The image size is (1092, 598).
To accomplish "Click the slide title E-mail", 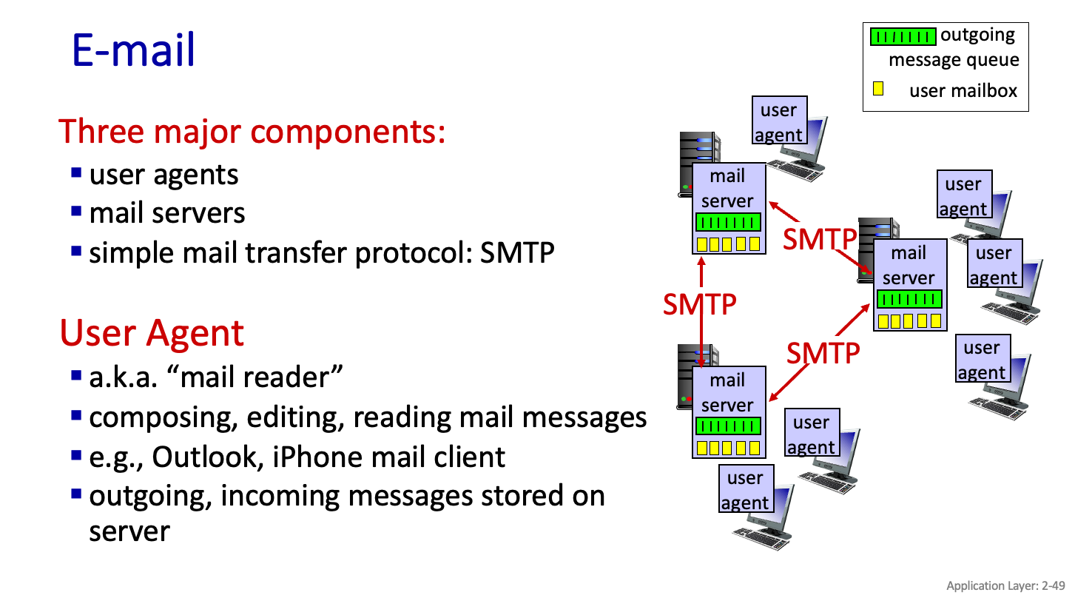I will pos(133,50).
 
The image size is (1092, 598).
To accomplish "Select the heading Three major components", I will pos(252,131).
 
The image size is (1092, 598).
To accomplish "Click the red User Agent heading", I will pos(152,332).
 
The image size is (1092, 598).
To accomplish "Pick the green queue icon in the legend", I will pos(903,36).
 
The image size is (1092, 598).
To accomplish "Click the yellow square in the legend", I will pos(878,89).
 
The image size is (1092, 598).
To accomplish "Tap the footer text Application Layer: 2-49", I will pos(1005,585).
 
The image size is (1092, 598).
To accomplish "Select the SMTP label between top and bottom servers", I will pos(700,303).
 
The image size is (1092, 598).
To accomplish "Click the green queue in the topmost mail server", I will pos(728,222).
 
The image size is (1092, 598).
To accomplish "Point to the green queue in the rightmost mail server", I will pos(909,299).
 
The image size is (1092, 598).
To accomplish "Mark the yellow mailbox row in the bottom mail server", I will pos(728,447).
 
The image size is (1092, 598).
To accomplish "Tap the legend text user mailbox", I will pos(963,91).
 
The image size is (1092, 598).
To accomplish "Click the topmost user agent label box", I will pos(779,121).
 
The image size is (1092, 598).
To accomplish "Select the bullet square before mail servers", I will pos(76,212).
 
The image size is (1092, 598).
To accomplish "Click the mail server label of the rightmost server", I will pos(909,266).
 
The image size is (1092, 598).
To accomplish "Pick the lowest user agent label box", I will pos(745,490).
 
